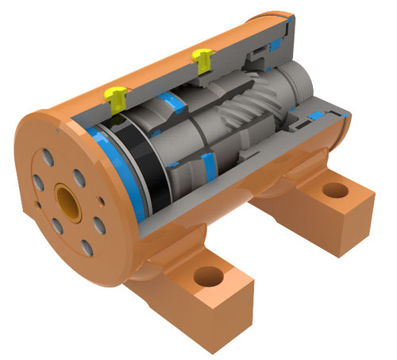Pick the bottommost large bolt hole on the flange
[86, 247]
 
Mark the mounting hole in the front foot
[208, 277]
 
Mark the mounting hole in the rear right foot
[335, 191]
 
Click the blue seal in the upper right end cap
[274, 46]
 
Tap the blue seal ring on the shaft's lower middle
[209, 163]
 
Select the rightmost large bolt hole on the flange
[99, 225]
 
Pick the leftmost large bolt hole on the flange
[38, 183]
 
